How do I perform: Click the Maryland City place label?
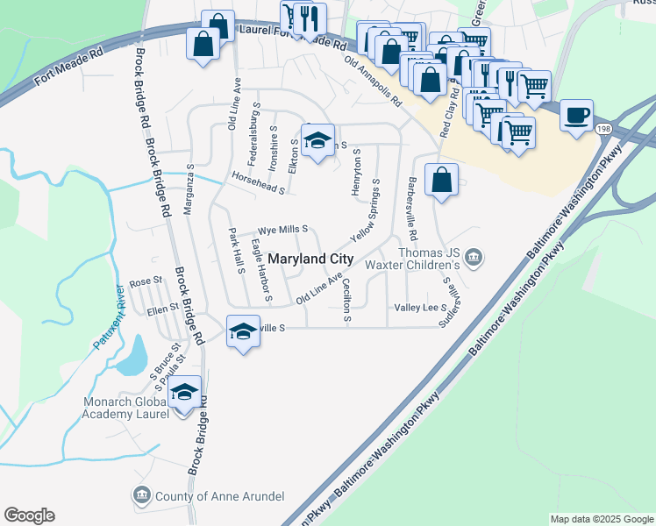coord(310,259)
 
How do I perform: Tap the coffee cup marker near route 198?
coord(575,117)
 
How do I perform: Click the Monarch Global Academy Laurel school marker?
coord(184,394)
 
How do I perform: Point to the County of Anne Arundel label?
coord(219,496)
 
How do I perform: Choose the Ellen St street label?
coord(162,309)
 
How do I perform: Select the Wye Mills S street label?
coord(282,229)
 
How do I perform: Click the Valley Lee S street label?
coord(421,308)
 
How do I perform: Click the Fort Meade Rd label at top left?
coord(69,66)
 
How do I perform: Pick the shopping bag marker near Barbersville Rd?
coord(442,180)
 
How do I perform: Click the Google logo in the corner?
coord(29,515)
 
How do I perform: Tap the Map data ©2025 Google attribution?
coord(602,519)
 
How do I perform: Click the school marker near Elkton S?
coord(317,140)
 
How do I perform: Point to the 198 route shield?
coord(606,129)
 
